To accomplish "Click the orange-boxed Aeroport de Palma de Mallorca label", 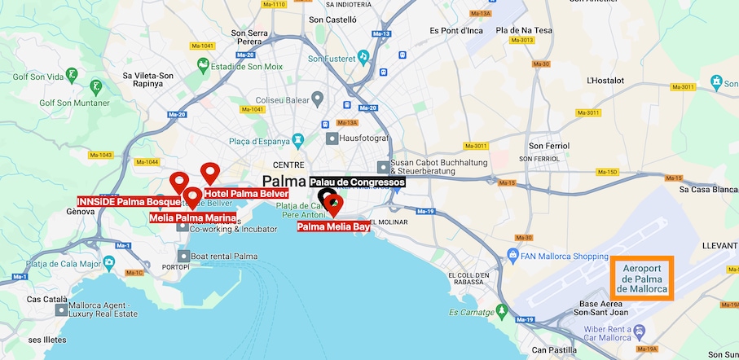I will pyautogui.click(x=642, y=279).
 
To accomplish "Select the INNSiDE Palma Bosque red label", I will pyautogui.click(x=128, y=201).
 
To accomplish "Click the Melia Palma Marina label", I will pyautogui.click(x=193, y=217).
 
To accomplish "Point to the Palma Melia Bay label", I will pyautogui.click(x=333, y=226).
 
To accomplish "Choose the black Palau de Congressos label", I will pyautogui.click(x=357, y=182).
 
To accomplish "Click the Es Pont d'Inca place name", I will pyautogui.click(x=455, y=31).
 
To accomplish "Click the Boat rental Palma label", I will pyautogui.click(x=223, y=257).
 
